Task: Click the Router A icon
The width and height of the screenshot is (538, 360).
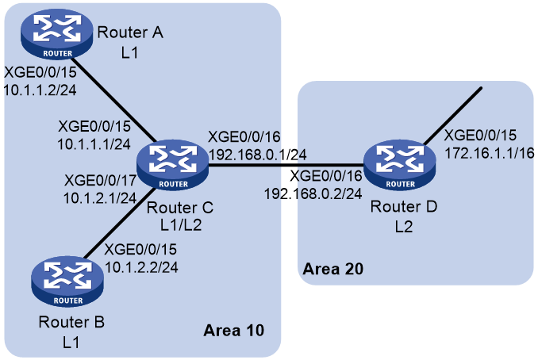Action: [57, 34]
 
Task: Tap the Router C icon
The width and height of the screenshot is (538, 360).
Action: [172, 165]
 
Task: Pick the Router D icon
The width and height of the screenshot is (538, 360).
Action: [400, 165]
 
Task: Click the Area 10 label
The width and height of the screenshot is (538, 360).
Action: [233, 331]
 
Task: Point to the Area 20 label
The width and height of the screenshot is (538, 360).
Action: [332, 269]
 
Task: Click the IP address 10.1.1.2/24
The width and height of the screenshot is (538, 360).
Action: [40, 90]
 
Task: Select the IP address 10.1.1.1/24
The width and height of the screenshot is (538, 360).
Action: [94, 144]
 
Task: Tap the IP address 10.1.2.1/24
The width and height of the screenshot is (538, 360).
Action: [100, 198]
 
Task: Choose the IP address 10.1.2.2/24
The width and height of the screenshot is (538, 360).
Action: [141, 267]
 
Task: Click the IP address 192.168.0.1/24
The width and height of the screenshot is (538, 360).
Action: [258, 155]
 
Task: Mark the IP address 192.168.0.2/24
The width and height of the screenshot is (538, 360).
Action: [313, 194]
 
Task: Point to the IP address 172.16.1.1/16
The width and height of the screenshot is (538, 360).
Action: [490, 153]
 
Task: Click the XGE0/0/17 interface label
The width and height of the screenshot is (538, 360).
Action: [100, 180]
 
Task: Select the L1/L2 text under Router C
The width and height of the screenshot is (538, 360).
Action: [181, 225]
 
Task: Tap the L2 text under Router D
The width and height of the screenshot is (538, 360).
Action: [403, 227]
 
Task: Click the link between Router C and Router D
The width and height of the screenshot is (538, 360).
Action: [286, 165]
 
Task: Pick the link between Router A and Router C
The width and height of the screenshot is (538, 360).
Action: [114, 99]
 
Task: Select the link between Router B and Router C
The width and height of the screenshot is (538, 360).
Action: [119, 223]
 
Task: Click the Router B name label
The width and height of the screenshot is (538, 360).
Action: [71, 322]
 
